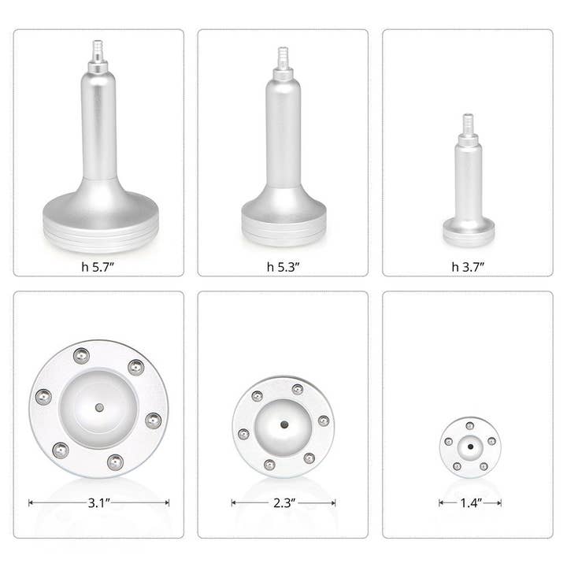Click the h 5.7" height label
[x=98, y=266]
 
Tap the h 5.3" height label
[x=283, y=266]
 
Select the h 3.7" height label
[x=467, y=266]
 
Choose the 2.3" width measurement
[x=283, y=502]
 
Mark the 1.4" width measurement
[x=470, y=502]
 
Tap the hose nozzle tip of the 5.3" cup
[x=283, y=54]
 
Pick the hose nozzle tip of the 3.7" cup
[x=468, y=119]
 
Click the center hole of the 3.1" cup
[x=98, y=407]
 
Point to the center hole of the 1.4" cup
[x=470, y=447]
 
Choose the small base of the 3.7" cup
[x=468, y=232]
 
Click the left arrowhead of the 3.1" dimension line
[x=31, y=502]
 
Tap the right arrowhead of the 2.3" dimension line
[x=334, y=502]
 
